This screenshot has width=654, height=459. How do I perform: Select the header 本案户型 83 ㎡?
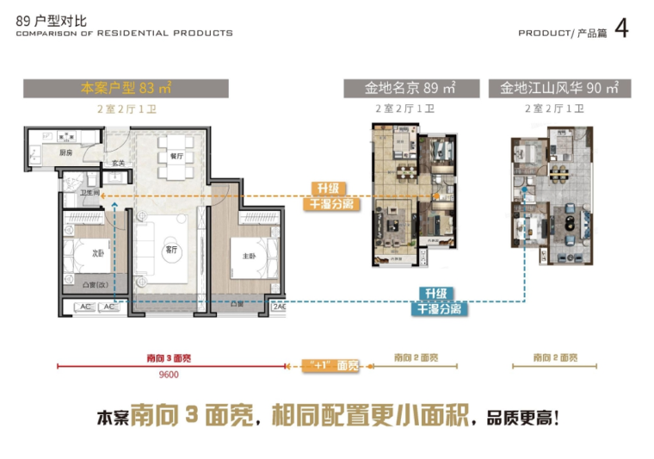pos(126,88)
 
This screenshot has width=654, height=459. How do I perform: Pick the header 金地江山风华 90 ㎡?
pos(559,88)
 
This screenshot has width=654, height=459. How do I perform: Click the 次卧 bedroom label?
pos(98,253)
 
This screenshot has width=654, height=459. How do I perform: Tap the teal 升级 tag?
pos(437,293)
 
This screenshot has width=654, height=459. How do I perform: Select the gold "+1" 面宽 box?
pos(330,365)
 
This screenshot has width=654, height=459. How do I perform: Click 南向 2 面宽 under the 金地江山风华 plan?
pos(554,357)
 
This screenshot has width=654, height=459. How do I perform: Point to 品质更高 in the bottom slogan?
pos(517,419)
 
